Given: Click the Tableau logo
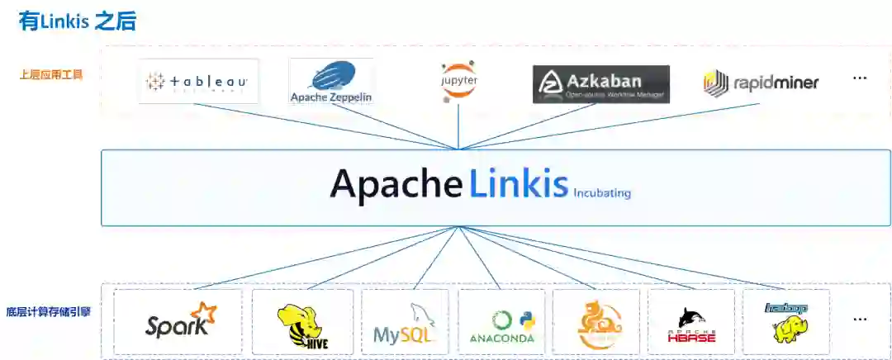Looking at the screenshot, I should coord(198,82).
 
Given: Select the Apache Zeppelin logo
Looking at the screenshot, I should coord(331,82).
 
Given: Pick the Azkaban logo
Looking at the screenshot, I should coord(600,83).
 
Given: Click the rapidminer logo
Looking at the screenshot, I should coord(761,83).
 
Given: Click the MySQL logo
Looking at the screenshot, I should coord(404,324).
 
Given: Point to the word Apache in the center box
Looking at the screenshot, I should coord(396,183).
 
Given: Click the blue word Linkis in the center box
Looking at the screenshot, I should coord(519,183).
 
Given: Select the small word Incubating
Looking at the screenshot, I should coord(602,193).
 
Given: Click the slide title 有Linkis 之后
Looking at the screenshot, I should coord(77,21).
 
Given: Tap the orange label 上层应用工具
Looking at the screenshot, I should coord(51,74).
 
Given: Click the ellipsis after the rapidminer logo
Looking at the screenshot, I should coord(860,79).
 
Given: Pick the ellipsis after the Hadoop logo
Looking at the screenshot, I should coord(860,319).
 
